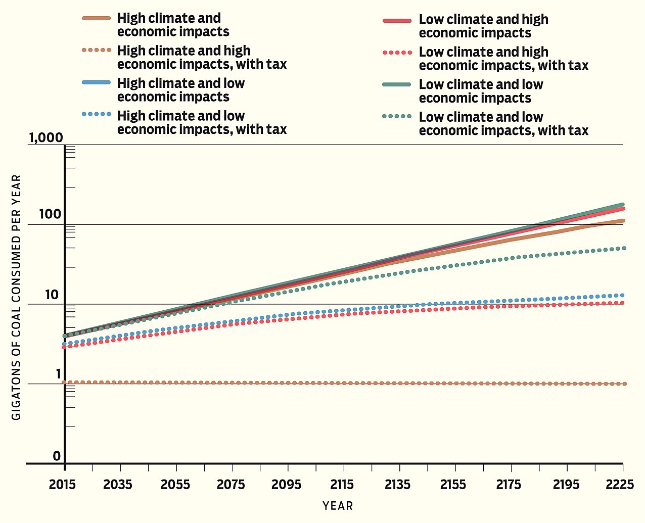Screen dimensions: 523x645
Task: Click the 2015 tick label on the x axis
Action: coord(62,485)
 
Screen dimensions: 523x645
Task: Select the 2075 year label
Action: coord(231,485)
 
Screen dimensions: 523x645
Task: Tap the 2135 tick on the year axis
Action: coord(397,485)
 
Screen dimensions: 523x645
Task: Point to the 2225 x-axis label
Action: coord(620,485)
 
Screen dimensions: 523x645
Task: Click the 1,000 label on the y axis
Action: coord(45,137)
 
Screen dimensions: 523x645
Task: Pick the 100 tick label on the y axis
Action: coord(50,214)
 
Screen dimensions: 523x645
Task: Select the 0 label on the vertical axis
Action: coord(57,456)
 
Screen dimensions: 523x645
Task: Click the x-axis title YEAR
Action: coord(338,506)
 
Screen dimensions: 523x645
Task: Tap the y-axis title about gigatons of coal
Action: coord(17,297)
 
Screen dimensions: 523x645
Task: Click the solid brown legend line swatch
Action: coord(96,18)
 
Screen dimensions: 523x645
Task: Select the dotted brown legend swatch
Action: coord(96,51)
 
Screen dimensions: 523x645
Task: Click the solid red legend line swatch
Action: coord(397,20)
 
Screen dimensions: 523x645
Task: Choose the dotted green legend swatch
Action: coord(397,117)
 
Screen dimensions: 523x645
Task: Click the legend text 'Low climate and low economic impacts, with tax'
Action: coord(503,124)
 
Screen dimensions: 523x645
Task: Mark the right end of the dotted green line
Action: coord(624,248)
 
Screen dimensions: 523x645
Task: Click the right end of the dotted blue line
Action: coord(623,295)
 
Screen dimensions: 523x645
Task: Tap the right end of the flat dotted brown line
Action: coord(624,384)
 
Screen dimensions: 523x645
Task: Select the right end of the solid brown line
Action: coord(623,221)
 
